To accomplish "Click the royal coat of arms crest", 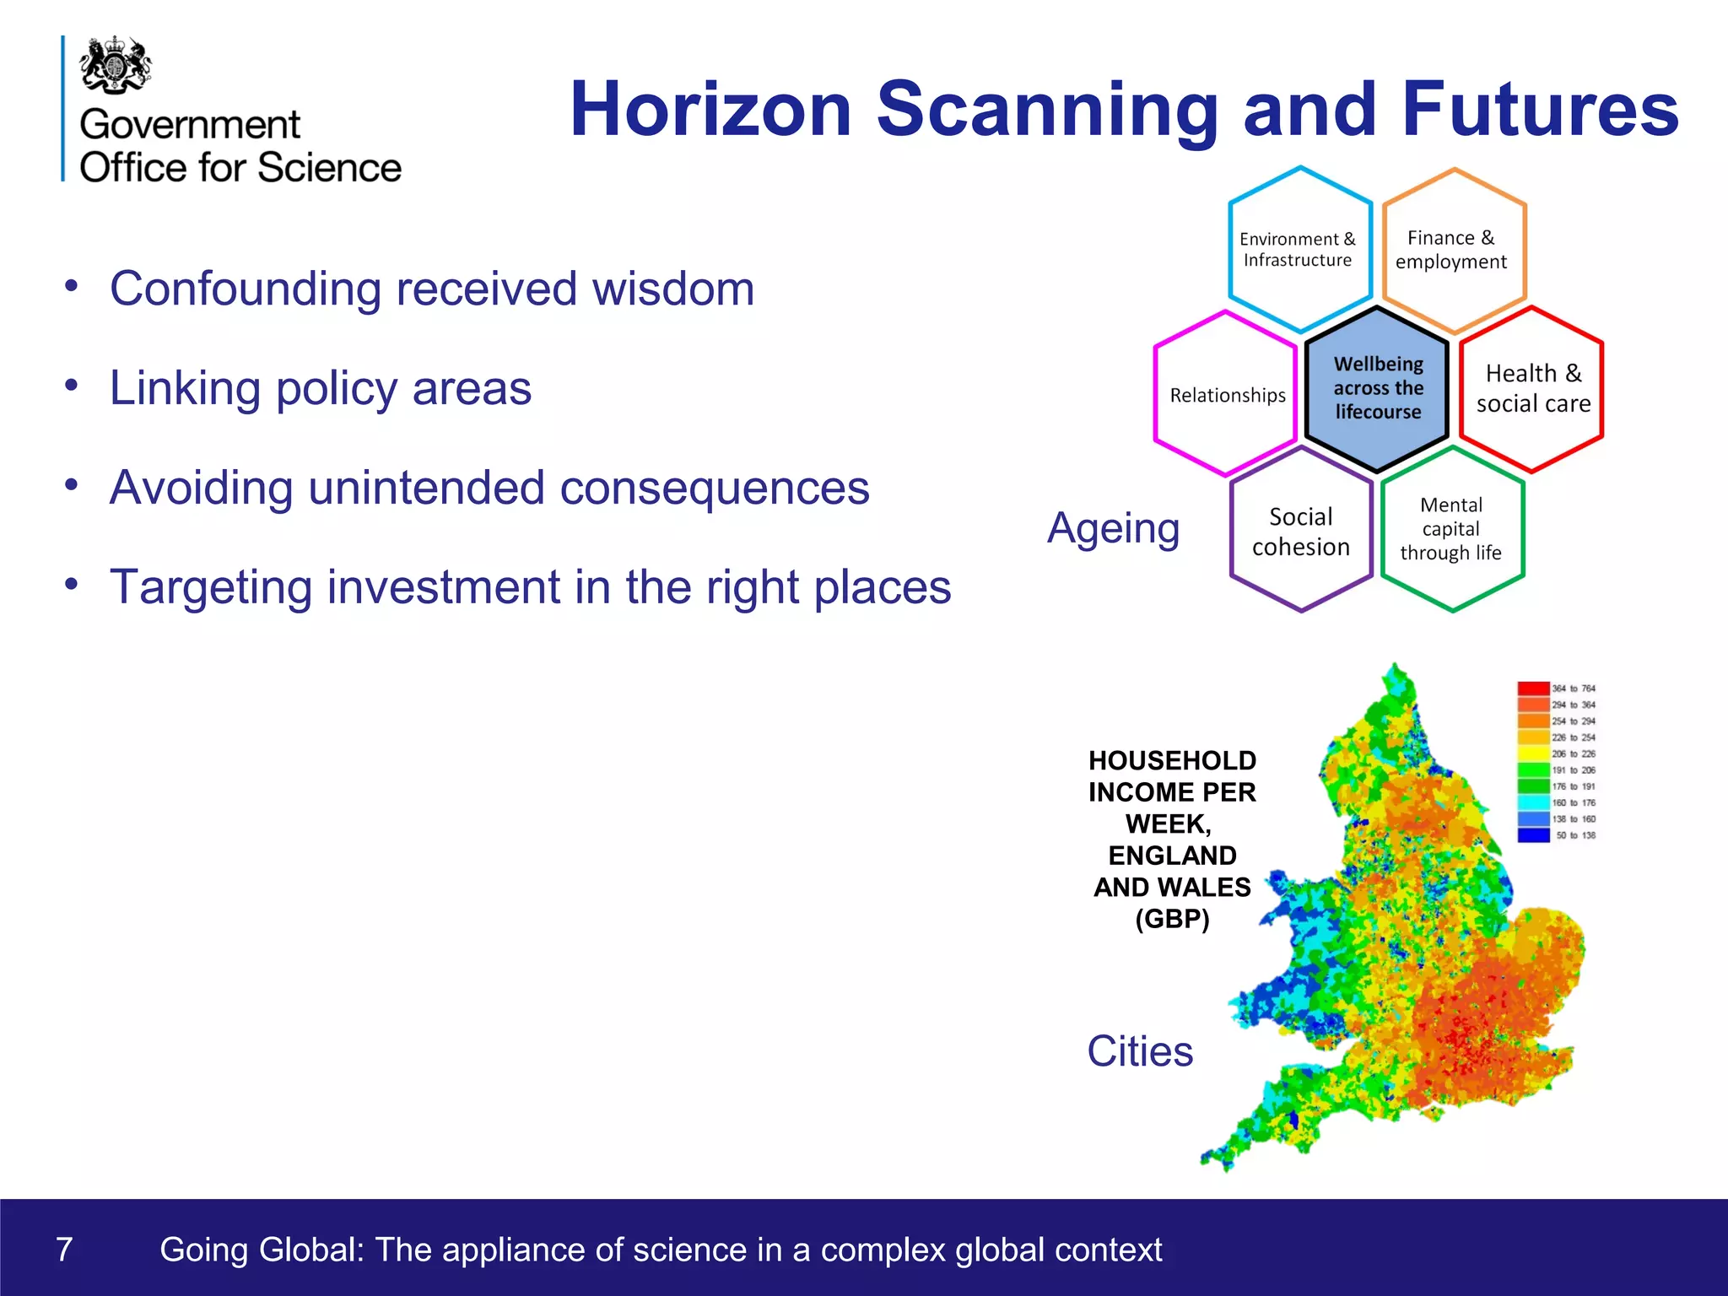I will (x=116, y=64).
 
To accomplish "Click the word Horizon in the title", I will (x=710, y=110).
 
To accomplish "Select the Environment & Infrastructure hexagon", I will (x=1299, y=250).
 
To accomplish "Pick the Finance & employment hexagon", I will (x=1452, y=250).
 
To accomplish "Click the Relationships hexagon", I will (x=1226, y=394).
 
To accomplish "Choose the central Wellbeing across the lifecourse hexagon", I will (x=1377, y=388).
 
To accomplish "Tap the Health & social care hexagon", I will (x=1532, y=388).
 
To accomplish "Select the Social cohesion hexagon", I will (x=1300, y=532).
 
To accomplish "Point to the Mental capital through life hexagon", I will (x=1451, y=529).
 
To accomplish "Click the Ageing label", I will (x=1113, y=530).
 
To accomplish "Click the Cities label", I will (x=1140, y=1051).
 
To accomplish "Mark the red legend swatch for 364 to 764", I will (x=1533, y=688).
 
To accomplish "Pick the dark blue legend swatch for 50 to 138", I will (x=1533, y=835).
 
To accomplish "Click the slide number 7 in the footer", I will (x=64, y=1249).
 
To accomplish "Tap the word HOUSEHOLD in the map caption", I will (x=1172, y=760).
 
